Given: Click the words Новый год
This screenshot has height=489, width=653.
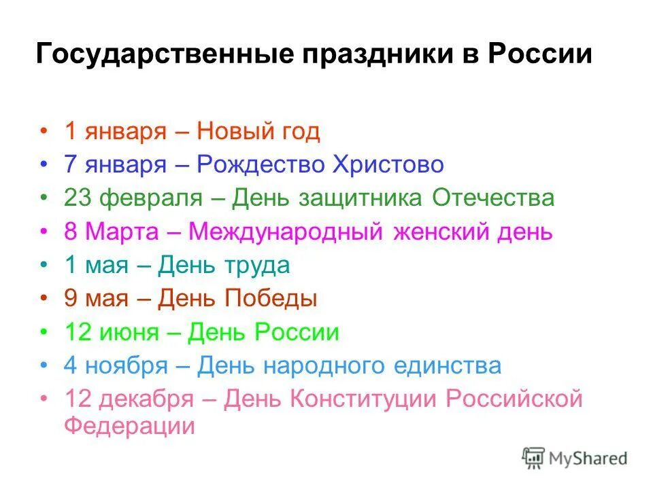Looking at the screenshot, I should click(x=258, y=131).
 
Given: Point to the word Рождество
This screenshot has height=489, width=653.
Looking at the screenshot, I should click(x=261, y=164).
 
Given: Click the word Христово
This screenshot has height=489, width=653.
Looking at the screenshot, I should click(x=388, y=164).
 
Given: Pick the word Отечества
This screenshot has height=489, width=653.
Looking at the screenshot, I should click(x=494, y=198).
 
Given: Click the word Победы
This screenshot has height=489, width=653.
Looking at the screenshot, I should click(x=271, y=299).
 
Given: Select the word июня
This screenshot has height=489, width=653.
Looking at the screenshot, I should click(x=131, y=333).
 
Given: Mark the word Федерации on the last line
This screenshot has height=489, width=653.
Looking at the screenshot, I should click(x=130, y=427).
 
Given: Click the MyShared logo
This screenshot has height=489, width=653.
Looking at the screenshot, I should click(x=575, y=458).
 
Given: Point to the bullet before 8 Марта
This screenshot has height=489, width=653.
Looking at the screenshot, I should click(x=45, y=232).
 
